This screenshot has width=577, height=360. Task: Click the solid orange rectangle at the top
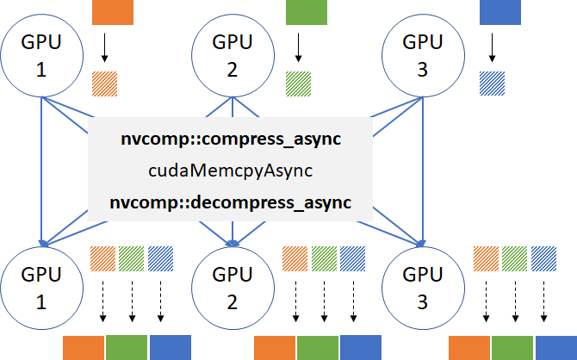pos(112,11)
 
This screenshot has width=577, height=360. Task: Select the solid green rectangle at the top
pos(307,11)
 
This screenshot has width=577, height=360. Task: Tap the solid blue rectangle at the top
pos(500,11)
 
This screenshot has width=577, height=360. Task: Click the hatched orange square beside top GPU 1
pos(105,83)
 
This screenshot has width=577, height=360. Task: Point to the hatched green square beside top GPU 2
pos(299,83)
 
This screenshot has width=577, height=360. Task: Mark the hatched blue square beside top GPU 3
pos(493,83)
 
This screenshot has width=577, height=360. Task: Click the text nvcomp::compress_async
pos(232,139)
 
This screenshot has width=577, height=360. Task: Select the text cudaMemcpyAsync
pos(232,171)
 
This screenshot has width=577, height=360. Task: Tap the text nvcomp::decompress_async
pos(232,203)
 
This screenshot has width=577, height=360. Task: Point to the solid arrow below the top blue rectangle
pos(493,47)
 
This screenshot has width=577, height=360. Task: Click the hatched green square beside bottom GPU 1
pos(132,259)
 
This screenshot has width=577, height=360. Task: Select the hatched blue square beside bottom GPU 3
pos(544,259)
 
